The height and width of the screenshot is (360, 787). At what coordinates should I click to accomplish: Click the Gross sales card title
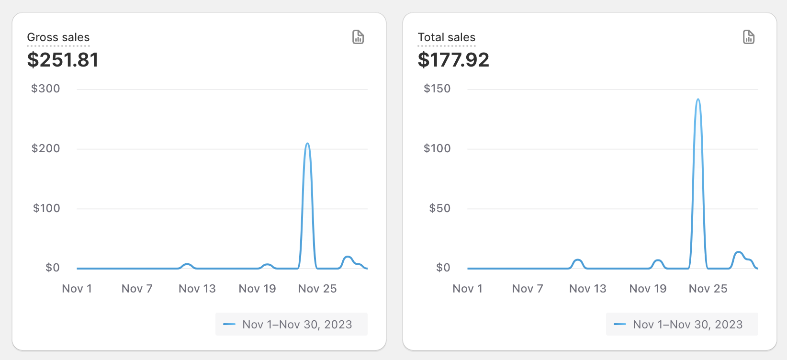58,37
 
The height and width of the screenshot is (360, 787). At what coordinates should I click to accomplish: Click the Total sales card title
446,37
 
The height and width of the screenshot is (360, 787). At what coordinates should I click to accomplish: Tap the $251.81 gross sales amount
63,60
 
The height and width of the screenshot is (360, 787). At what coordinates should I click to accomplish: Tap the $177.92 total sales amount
453,60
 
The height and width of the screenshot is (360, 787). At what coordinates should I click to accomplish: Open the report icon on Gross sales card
358,37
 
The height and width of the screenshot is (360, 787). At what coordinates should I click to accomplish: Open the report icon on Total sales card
749,37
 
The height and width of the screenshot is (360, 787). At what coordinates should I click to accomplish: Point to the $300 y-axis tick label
45,89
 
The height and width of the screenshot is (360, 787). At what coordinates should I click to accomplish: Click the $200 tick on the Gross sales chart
45,148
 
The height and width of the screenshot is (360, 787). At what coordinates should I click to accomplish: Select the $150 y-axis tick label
437,89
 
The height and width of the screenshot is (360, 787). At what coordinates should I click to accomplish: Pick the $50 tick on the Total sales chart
439,208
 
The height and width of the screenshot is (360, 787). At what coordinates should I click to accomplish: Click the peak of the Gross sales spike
307,144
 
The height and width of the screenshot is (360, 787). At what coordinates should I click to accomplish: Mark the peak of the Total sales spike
698,100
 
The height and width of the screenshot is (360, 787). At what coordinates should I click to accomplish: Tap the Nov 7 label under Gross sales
137,289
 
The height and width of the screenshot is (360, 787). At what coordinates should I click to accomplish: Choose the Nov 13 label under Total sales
587,289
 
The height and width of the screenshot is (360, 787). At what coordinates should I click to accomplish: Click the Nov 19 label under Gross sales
257,289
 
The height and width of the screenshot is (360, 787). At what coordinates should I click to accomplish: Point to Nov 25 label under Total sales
708,289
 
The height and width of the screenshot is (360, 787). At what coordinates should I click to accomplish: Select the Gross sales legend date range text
297,325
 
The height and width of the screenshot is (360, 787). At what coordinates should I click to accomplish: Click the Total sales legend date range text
687,325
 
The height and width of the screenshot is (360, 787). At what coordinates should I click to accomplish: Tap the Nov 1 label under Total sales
467,289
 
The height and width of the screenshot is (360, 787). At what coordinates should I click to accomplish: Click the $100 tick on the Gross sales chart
46,208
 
